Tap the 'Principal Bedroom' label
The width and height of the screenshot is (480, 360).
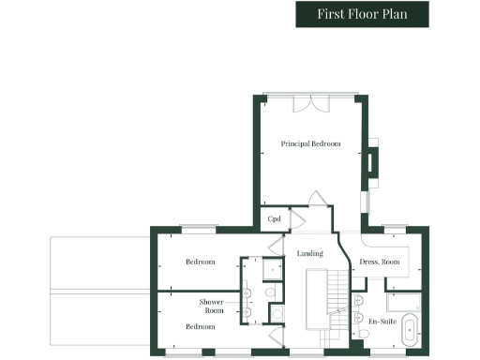(310, 143)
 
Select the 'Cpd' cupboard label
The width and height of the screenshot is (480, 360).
(275, 219)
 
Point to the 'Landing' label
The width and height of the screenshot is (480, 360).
(310, 253)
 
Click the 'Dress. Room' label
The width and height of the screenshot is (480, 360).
(380, 262)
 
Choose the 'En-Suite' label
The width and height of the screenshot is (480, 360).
(380, 321)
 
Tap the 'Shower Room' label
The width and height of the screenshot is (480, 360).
(211, 306)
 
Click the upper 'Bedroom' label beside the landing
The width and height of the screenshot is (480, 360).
(200, 262)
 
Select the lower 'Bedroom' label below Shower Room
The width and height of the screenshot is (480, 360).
(200, 326)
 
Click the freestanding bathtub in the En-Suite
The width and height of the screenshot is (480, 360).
(410, 334)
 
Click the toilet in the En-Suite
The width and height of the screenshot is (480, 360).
(360, 320)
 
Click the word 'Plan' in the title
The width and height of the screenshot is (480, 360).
(394, 14)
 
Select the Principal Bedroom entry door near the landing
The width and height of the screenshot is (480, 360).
(317, 200)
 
